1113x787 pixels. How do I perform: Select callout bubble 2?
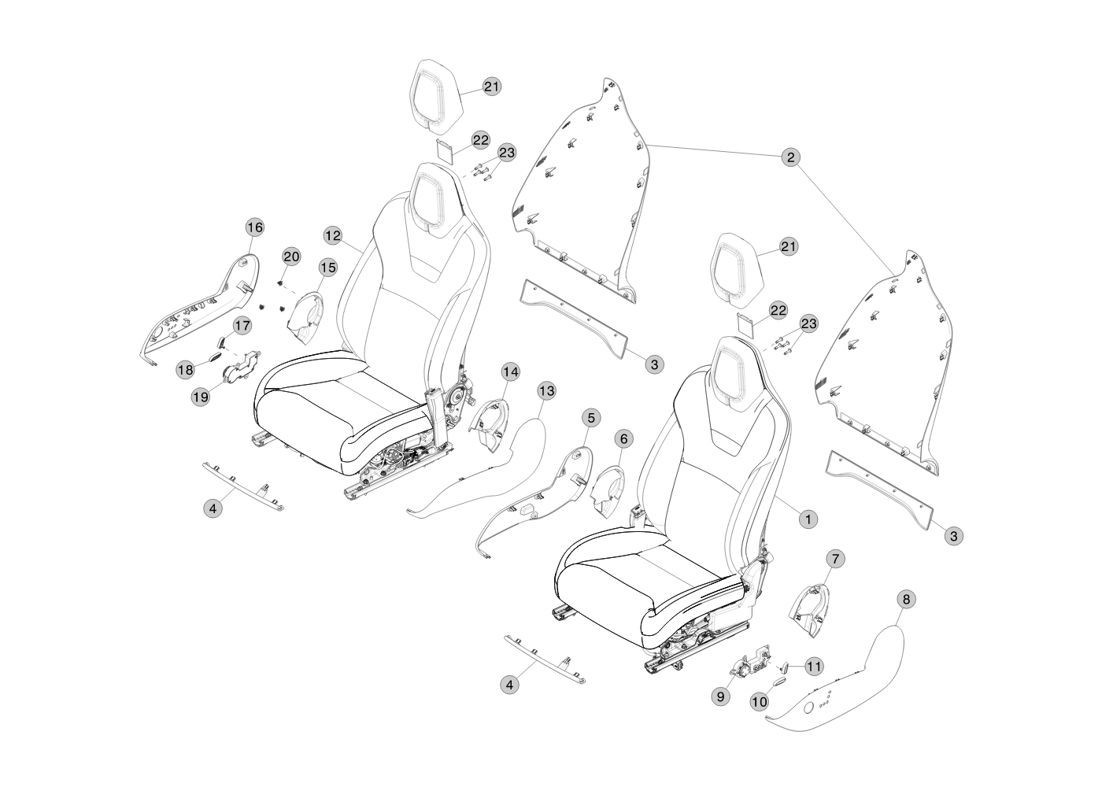tap(790, 157)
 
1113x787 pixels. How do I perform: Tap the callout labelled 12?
tap(333, 235)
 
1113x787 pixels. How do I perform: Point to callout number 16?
tap(254, 227)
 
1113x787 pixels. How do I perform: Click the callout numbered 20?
tap(291, 257)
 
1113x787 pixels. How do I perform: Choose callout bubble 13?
tap(546, 390)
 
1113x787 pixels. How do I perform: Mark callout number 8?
tap(905, 600)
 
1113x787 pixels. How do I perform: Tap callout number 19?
tap(201, 397)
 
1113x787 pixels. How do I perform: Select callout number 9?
tap(719, 696)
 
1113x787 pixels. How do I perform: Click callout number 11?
tap(813, 666)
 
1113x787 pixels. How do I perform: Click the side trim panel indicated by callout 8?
tap(834, 685)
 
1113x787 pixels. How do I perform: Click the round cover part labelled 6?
tap(607, 493)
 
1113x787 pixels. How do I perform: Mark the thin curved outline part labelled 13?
tap(472, 476)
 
